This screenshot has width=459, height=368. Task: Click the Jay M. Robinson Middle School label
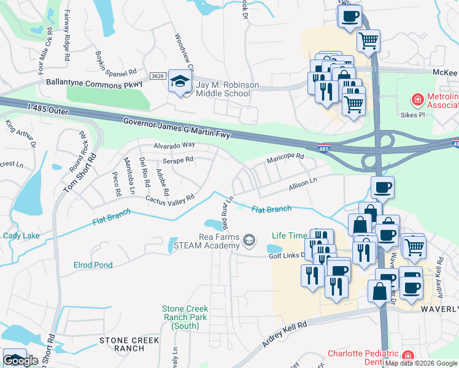(x=223, y=89)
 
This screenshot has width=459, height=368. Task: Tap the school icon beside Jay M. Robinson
(x=180, y=82)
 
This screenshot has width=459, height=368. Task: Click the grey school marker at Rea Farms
(x=249, y=240)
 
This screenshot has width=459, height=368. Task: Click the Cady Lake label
(x=21, y=236)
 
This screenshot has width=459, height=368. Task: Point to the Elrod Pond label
(x=93, y=265)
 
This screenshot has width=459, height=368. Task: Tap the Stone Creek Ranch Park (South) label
(x=185, y=317)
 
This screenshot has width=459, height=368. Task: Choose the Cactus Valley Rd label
(x=169, y=199)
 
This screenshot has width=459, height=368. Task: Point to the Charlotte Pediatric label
(x=362, y=354)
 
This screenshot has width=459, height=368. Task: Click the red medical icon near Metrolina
(x=417, y=99)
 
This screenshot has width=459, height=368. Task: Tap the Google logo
(x=20, y=361)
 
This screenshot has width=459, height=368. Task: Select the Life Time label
(x=290, y=236)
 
